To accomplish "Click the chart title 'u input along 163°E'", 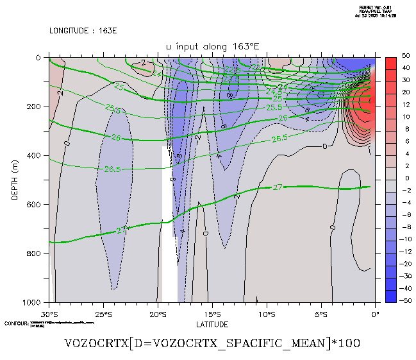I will coord(212,46).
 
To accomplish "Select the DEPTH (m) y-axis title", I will coord(15,180).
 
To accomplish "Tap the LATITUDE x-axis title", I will coord(212,324).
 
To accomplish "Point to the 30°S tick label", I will coord(49,314).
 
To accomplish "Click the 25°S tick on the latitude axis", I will coord(104,314).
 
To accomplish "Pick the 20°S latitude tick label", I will coord(158,314).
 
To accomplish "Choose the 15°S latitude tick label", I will coord(212,314).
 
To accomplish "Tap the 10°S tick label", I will coord(267,314).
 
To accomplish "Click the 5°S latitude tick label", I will coord(321,314).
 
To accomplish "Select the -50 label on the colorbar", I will coord(404,300).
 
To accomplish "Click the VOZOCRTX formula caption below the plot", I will coord(212,343).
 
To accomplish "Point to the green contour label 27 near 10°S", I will coord(278,187).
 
